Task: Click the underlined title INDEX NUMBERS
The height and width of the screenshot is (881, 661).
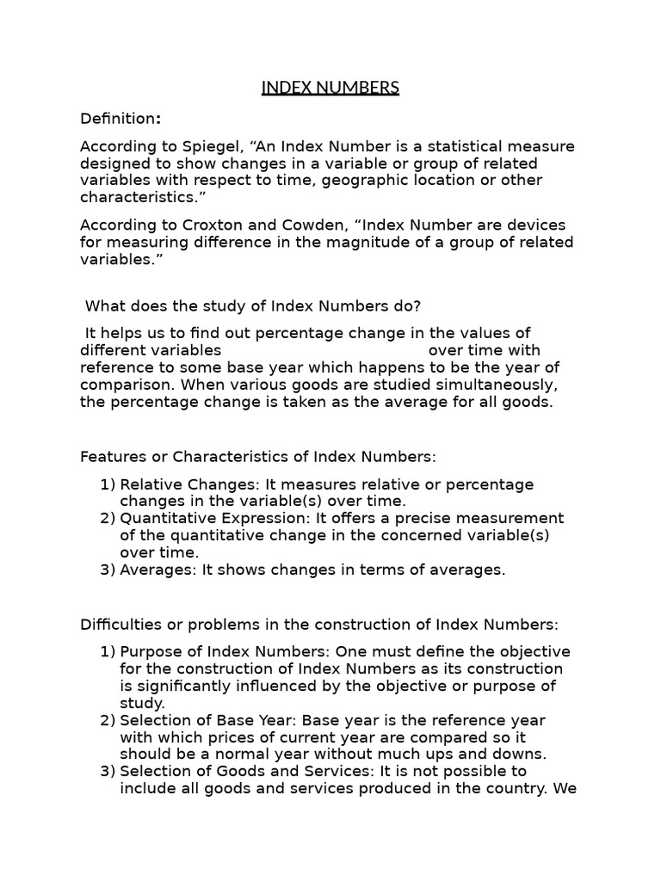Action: click(330, 88)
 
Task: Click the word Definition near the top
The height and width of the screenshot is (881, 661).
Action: click(117, 119)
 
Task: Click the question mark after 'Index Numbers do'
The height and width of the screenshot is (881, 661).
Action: click(417, 305)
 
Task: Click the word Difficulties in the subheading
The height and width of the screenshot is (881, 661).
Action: click(119, 624)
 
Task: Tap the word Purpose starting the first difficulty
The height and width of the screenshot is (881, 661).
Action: click(150, 652)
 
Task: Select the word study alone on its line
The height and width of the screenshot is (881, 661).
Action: click(142, 703)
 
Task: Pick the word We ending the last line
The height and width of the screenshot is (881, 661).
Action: click(565, 787)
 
